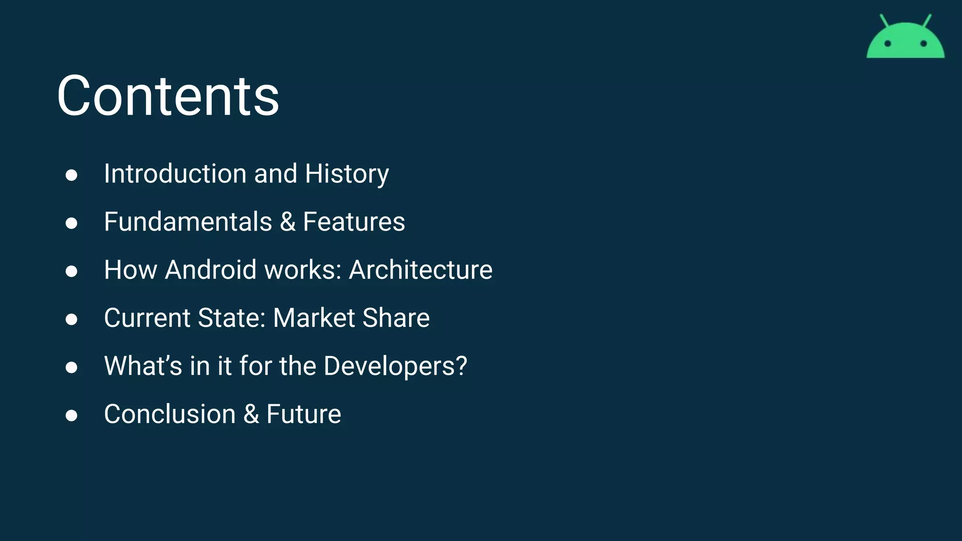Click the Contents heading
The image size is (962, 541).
pos(168,96)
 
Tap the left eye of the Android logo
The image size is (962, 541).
pos(887,44)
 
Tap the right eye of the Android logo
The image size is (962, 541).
pos(923,44)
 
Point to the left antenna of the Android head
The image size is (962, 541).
pos(884,21)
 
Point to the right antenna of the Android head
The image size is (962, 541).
pos(927,21)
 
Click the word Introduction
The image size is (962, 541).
pos(175,174)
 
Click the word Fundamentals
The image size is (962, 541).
pos(188,222)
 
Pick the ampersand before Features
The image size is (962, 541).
pos(287,222)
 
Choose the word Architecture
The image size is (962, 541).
pos(420,270)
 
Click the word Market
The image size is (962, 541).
pos(314,318)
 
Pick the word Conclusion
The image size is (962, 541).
pos(170,414)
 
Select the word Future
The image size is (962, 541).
pos(303,414)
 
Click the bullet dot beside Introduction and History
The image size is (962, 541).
pos(71,175)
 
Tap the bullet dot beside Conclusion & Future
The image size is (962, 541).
pos(71,416)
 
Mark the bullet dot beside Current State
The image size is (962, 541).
pos(71,319)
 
